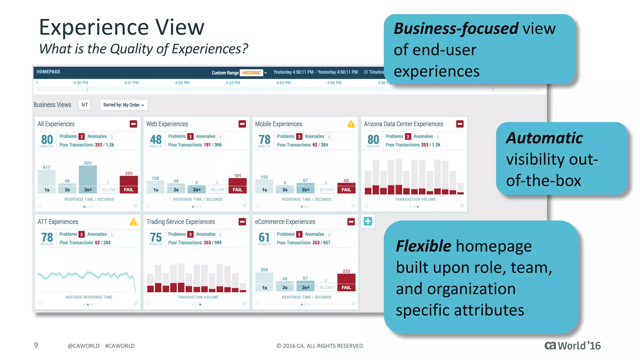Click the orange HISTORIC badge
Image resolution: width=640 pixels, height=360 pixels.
251,73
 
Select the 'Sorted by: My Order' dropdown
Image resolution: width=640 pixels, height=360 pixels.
124,105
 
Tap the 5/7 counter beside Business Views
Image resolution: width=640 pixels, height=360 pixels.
84,105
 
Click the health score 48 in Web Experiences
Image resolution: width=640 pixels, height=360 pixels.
156,139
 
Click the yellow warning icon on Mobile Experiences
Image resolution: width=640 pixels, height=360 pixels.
351,124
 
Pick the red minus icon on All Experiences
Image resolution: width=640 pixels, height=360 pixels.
133,124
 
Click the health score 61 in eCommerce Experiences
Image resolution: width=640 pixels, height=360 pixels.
264,237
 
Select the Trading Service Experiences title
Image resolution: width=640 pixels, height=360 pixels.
181,222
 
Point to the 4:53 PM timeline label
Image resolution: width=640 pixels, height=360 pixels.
233,83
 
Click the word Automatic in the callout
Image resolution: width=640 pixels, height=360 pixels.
544,138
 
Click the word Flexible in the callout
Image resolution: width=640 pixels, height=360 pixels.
423,246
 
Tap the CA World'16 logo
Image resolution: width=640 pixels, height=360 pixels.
572,346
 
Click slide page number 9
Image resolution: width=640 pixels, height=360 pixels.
36,345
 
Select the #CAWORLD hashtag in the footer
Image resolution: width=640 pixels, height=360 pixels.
120,346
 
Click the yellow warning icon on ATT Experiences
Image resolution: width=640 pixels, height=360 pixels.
133,222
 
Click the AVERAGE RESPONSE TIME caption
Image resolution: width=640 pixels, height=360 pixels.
89,297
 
